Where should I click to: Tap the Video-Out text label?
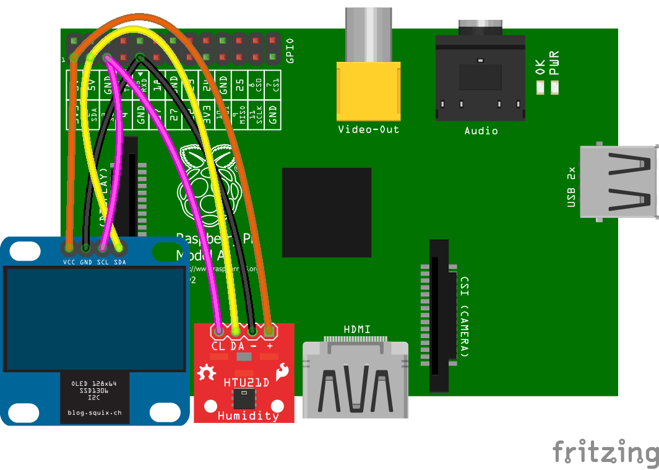368,129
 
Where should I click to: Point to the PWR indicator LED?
554,89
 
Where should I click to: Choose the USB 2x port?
619,182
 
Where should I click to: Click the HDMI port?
355,380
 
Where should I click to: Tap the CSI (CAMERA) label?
465,316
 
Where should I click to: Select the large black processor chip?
326,212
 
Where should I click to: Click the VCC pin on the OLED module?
69,248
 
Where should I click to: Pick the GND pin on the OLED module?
85,248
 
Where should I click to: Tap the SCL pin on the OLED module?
103,248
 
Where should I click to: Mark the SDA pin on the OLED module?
119,248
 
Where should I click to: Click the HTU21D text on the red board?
246,382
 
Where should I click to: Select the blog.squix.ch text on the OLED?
95,412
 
